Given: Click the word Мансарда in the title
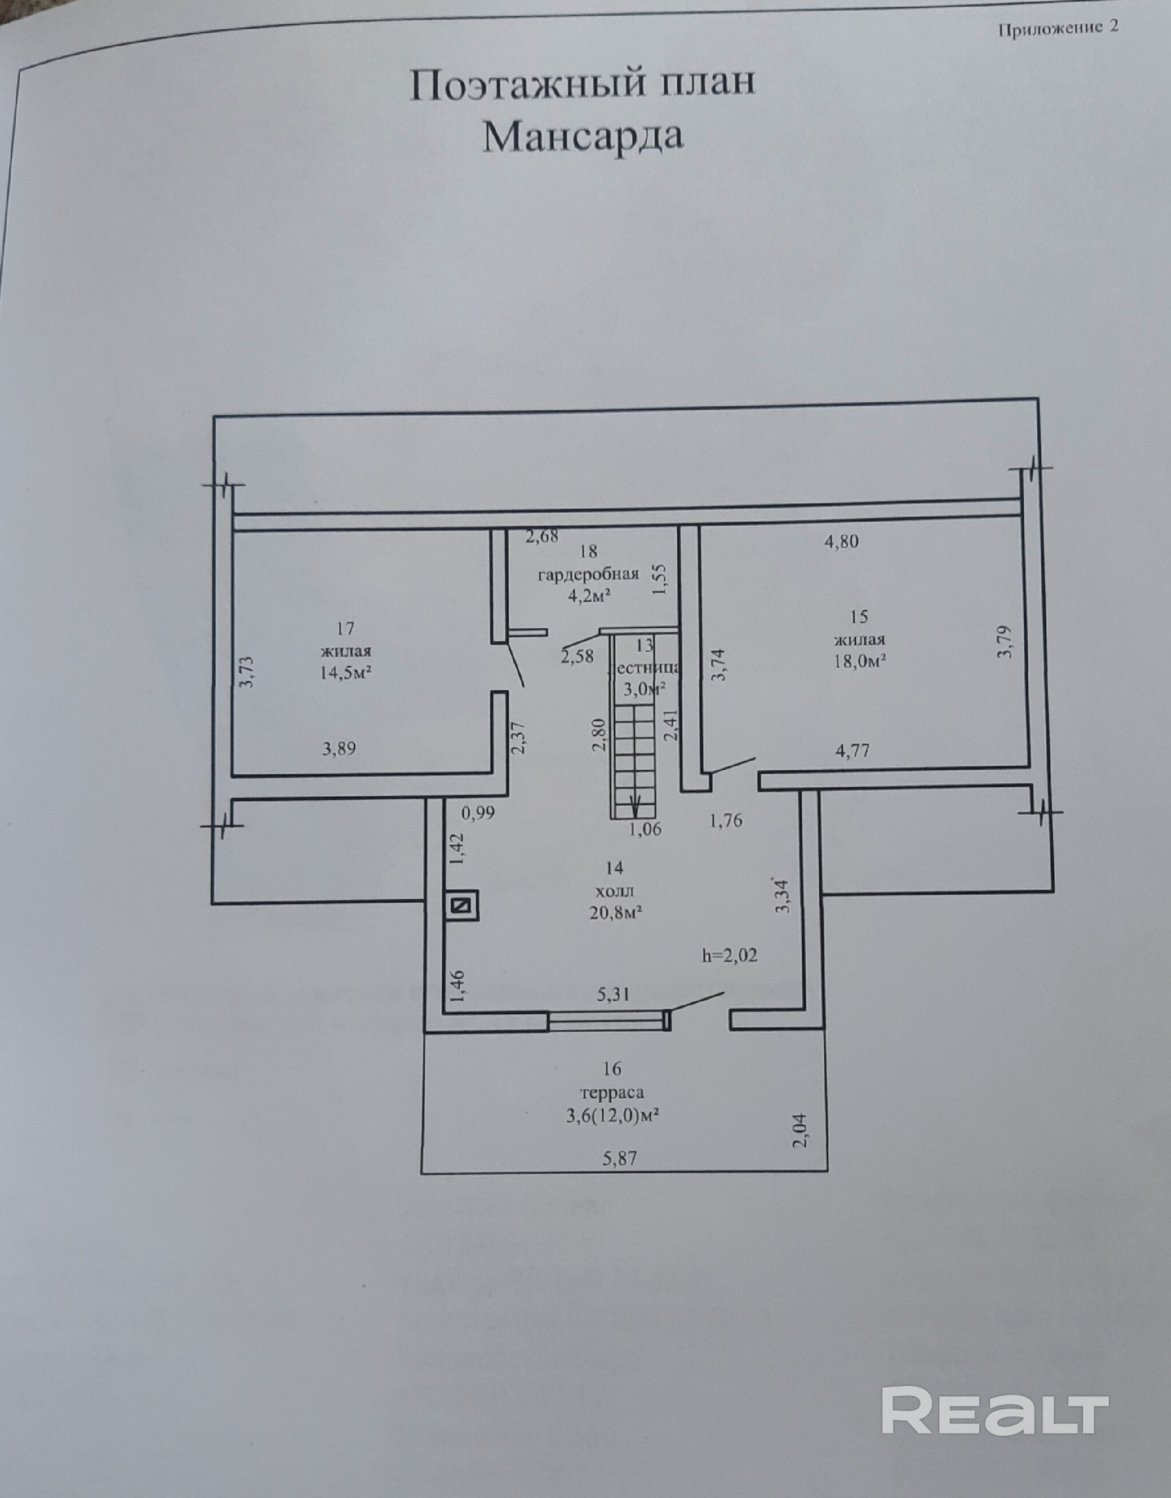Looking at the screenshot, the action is click(x=583, y=137).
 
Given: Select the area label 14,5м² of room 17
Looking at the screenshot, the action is click(x=345, y=672).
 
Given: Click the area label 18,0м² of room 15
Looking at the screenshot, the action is click(x=860, y=660).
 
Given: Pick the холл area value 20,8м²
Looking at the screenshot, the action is click(x=615, y=912).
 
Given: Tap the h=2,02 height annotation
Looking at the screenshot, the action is click(x=730, y=955).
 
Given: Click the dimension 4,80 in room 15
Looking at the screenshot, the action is click(x=842, y=541).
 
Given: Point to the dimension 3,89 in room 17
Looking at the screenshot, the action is click(x=339, y=748).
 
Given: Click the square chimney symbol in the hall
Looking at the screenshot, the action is click(x=462, y=906).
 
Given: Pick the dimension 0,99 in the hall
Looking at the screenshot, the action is click(x=478, y=814).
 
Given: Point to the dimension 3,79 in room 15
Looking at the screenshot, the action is click(x=1005, y=642).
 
